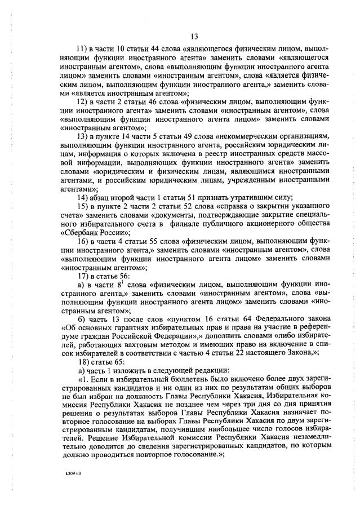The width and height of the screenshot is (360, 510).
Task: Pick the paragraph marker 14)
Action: coord(82,197)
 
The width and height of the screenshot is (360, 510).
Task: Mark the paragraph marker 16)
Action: coord(82,241)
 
